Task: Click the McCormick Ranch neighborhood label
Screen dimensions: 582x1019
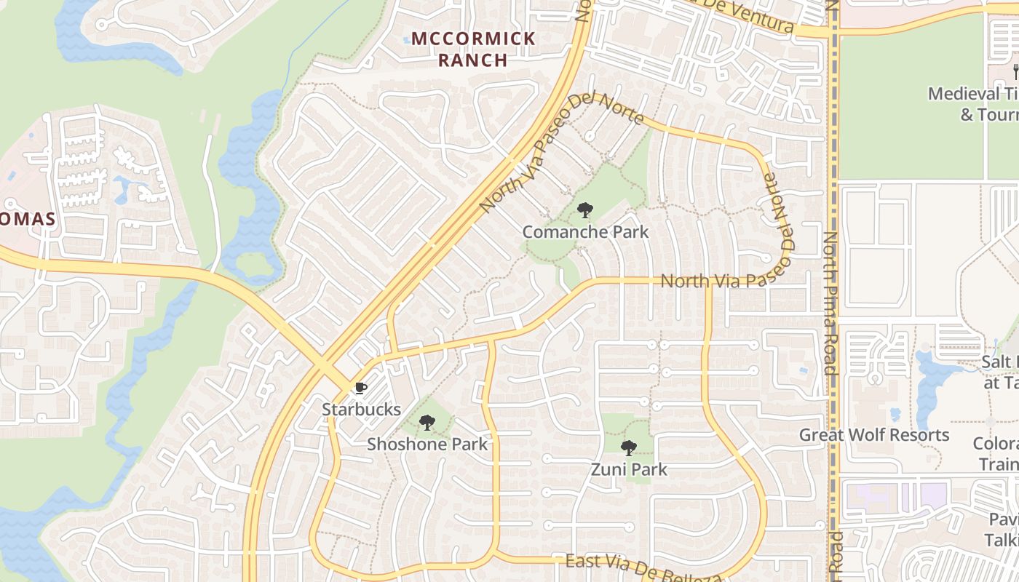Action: click(x=473, y=49)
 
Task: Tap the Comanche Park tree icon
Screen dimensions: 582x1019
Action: click(x=584, y=211)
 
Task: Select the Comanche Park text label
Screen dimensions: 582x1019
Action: click(x=585, y=232)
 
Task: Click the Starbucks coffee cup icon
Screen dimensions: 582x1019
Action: click(x=360, y=388)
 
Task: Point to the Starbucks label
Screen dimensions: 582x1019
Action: click(x=361, y=410)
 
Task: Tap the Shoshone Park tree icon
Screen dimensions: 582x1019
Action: click(x=427, y=423)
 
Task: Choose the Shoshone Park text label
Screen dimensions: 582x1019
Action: click(x=427, y=444)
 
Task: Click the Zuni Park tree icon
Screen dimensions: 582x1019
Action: click(x=628, y=448)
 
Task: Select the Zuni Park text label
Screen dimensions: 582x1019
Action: click(x=628, y=469)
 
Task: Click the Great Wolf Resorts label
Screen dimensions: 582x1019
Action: click(x=874, y=435)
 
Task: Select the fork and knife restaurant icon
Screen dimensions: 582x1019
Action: click(x=1015, y=71)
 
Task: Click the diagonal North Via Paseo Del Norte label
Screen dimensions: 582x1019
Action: click(x=560, y=153)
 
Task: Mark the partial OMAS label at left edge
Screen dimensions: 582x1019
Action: click(x=28, y=219)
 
